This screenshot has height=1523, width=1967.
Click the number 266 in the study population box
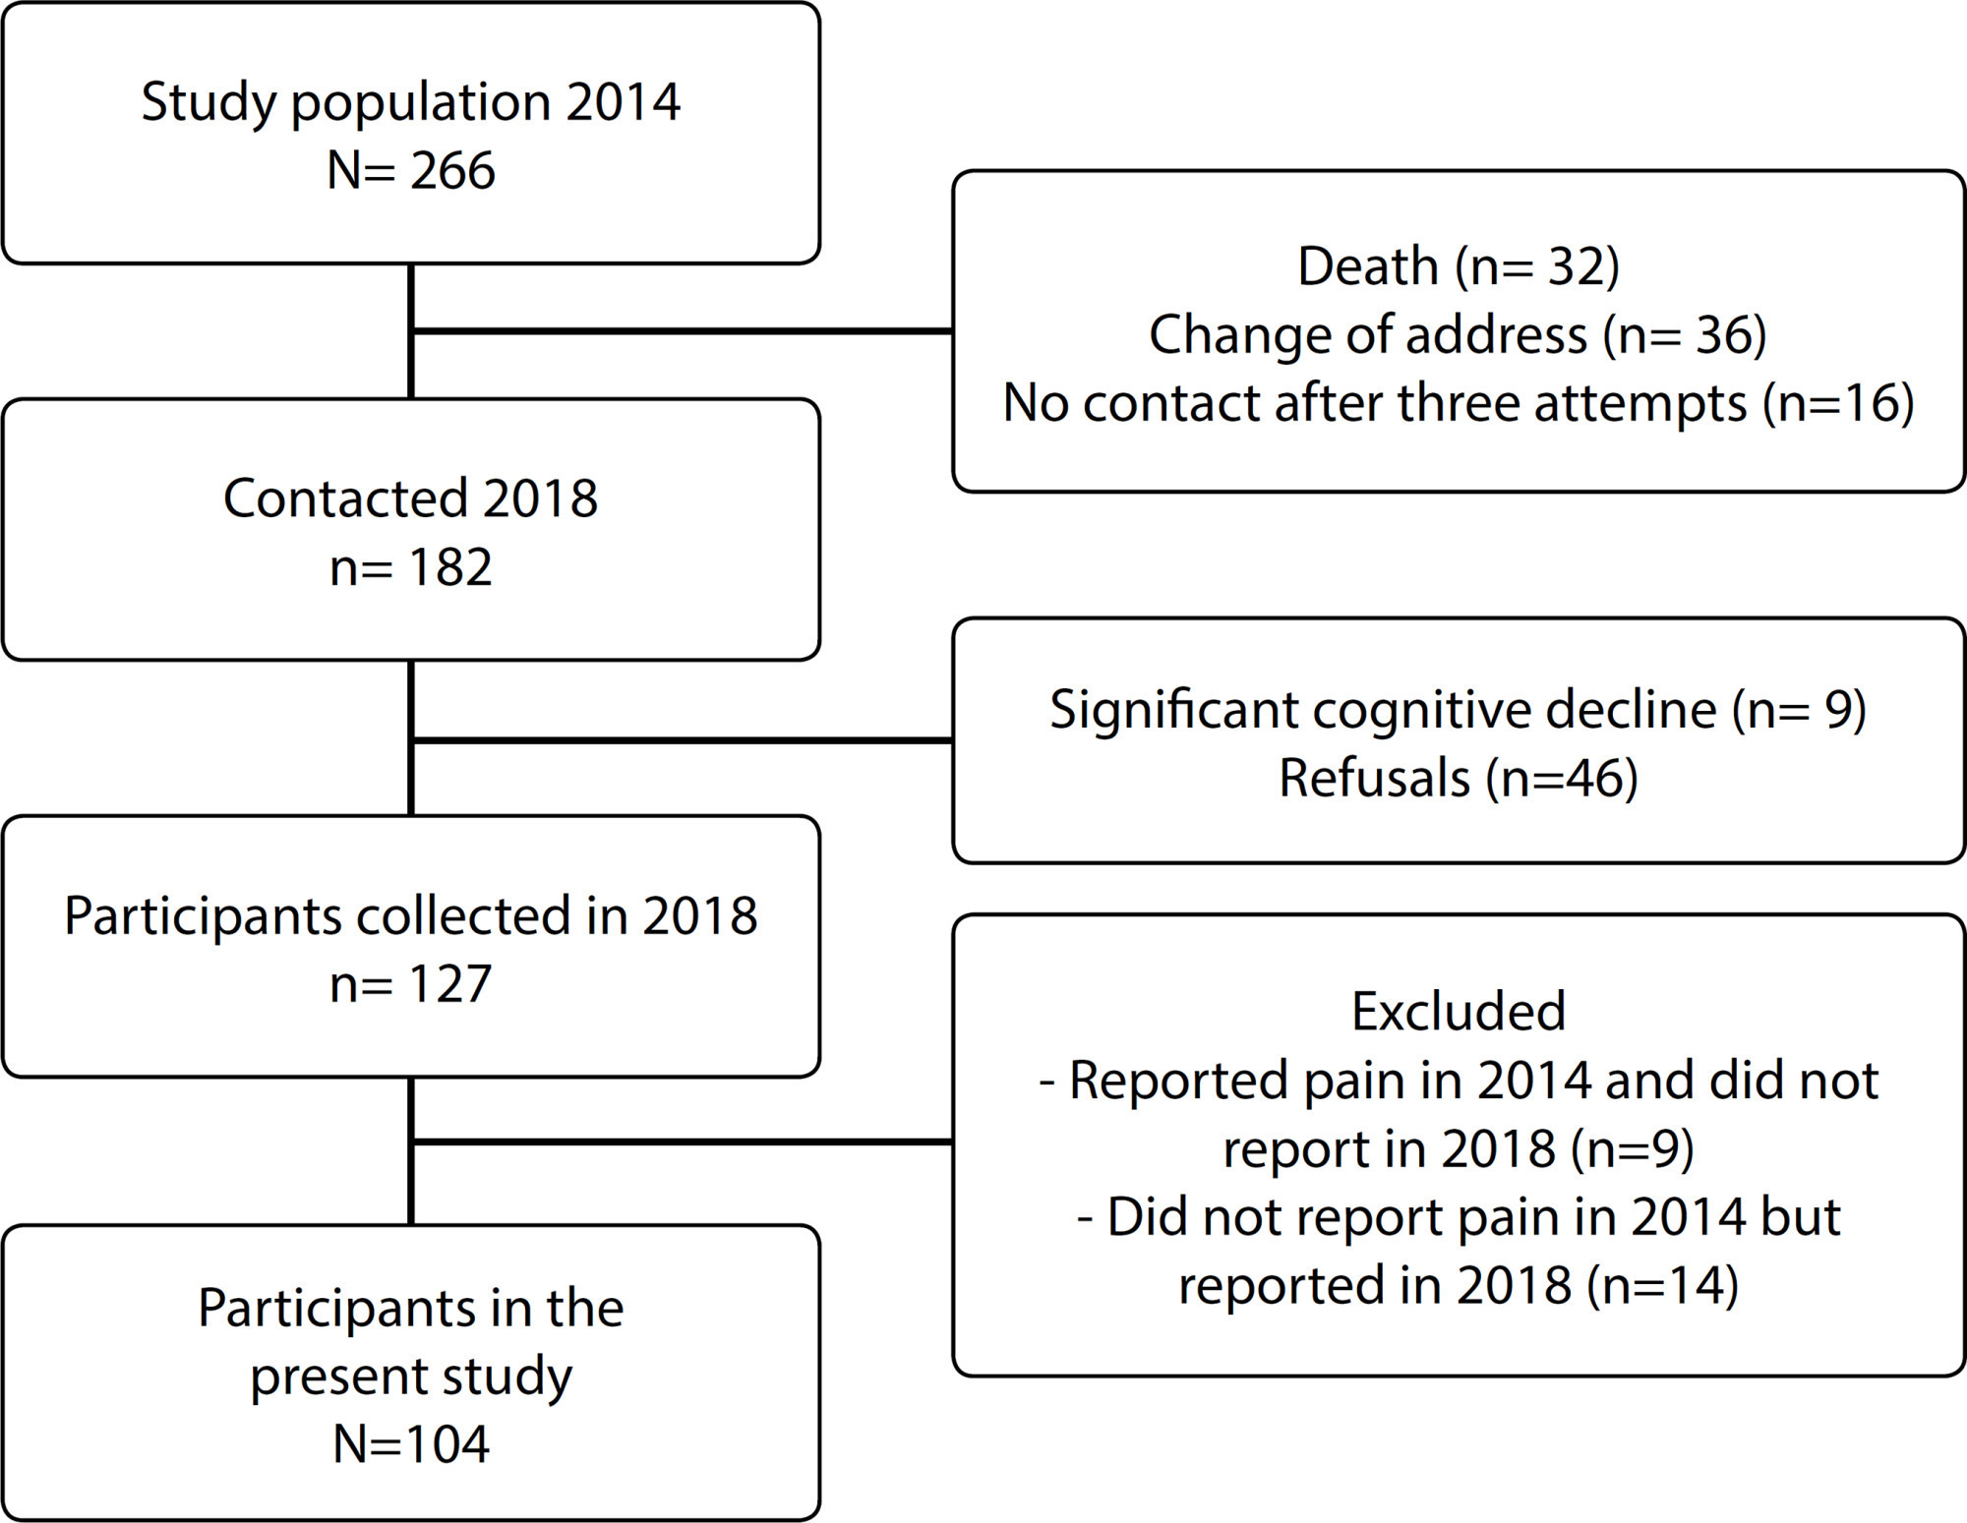coord(452,171)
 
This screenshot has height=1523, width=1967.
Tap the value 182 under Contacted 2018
coord(450,567)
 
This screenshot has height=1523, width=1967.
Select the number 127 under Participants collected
coord(450,984)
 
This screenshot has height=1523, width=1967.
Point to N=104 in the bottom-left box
coord(411,1444)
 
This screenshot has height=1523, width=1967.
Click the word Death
coord(1368,266)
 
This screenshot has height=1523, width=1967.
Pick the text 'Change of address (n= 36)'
coord(1458,335)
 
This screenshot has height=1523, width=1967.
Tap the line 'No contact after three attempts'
coord(1375,403)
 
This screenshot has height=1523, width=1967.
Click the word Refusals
coord(1375,779)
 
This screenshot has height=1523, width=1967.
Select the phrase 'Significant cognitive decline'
coord(1384,710)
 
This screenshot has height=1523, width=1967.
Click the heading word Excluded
coord(1459,1012)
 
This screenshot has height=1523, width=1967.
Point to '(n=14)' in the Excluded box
coord(1662,1286)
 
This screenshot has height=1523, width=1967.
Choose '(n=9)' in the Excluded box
coord(1633,1149)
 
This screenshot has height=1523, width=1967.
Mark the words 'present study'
coord(411,1377)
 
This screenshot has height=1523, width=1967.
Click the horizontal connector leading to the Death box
coord(683,331)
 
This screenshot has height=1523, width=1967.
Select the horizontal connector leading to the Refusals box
coord(683,739)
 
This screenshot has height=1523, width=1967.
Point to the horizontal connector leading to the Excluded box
coord(683,1142)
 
